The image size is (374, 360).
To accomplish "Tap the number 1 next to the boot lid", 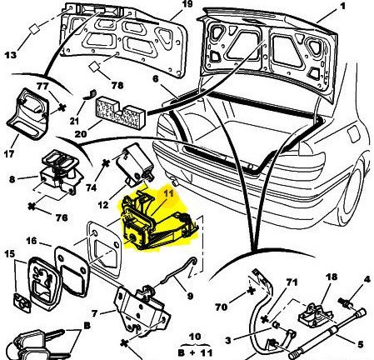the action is coord(342,6).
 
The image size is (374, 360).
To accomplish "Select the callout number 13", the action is coord(11,55).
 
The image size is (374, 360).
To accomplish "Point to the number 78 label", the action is coord(117,85).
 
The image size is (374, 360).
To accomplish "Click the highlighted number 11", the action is coord(167,193).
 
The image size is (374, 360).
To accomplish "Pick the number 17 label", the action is coord(9,153).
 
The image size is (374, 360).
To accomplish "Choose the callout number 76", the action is coord(62,217).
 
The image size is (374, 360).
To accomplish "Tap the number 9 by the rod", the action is coord(190,296).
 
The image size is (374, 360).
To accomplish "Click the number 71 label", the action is coord(292,282).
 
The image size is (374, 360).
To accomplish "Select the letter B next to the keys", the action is coord(87,326).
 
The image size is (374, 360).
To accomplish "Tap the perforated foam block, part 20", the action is coord(121,113).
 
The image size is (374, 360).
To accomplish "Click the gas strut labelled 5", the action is coord(327,334).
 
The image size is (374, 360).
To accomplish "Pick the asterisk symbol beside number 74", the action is coord(106,163).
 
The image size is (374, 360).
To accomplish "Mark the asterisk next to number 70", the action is coord(251,291).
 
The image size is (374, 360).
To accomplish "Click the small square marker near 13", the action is coord(34,29).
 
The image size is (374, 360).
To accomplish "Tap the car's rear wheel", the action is coord(353,191).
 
